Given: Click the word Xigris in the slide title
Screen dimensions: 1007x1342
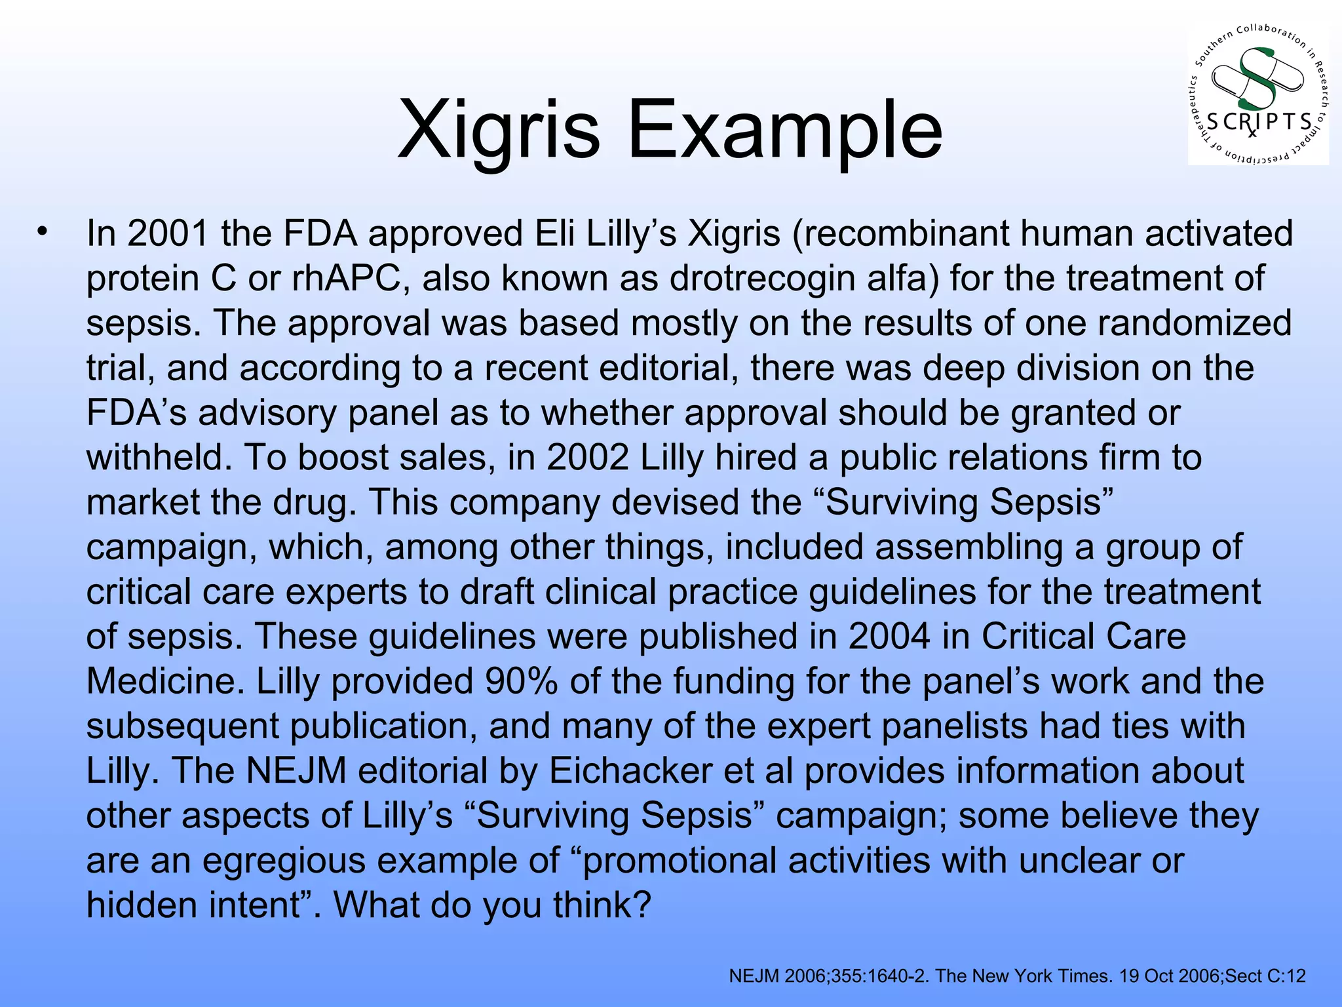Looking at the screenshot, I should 498,130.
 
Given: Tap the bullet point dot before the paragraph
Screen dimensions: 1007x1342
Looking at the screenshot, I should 43,231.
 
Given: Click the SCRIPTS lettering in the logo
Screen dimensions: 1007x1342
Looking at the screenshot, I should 1259,122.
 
